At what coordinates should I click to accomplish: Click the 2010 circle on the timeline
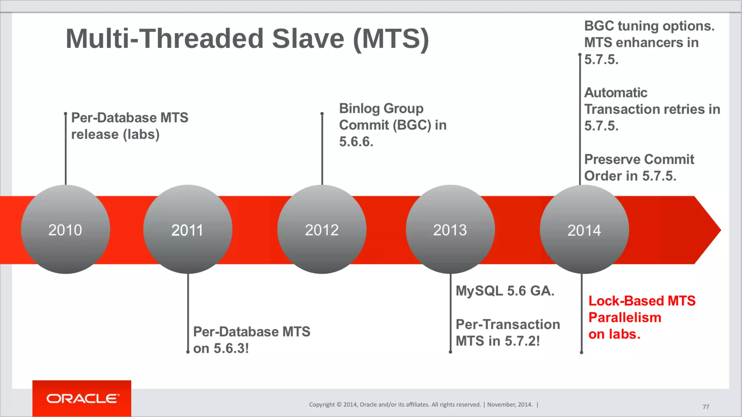[x=65, y=229]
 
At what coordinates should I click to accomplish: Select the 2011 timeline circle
[x=187, y=229]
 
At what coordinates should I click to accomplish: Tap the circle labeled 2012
[x=322, y=229]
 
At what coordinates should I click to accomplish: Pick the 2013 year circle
[x=450, y=229]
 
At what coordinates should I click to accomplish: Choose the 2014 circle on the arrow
[x=584, y=229]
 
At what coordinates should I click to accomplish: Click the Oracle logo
[x=82, y=399]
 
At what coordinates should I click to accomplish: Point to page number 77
[x=706, y=407]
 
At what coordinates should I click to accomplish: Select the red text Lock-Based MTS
[x=642, y=301]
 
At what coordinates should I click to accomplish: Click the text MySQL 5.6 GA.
[x=505, y=291]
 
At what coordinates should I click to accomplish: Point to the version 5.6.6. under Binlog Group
[x=356, y=142]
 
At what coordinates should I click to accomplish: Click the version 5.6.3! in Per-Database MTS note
[x=231, y=348]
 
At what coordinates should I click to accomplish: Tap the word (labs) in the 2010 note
[x=141, y=134]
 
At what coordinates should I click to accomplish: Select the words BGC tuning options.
[x=649, y=26]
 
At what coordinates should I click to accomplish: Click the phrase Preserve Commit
[x=639, y=159]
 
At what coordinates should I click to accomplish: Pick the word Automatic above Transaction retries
[x=616, y=93]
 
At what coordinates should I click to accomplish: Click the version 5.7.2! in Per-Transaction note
[x=522, y=341]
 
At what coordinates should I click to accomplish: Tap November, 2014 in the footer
[x=510, y=405]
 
